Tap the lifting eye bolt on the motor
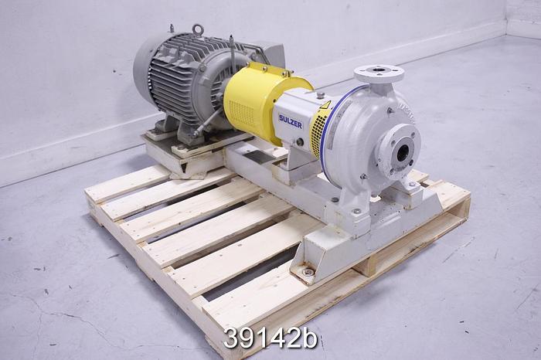(199, 31)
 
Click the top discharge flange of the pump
(379, 74)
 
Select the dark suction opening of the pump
(403, 153)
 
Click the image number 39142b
(270, 338)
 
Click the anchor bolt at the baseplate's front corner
(308, 272)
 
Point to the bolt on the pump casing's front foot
(356, 211)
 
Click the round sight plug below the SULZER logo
(298, 142)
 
